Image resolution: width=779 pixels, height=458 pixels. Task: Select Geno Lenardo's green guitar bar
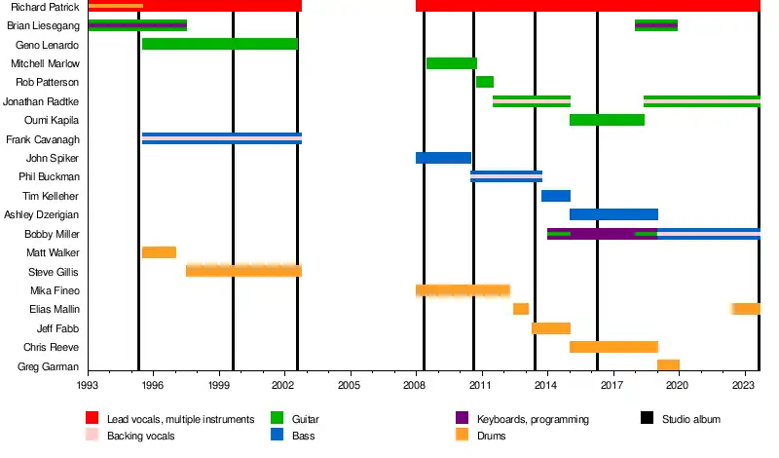point(219,44)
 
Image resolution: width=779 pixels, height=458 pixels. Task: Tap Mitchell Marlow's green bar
point(452,63)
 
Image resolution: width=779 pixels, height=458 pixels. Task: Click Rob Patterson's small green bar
point(484,82)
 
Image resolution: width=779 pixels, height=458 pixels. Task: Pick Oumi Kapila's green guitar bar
point(607,120)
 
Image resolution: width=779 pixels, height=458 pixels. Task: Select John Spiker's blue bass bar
point(443,158)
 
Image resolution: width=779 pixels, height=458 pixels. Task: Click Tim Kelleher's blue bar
point(555,196)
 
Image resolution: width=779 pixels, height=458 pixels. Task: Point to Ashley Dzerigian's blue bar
point(613,214)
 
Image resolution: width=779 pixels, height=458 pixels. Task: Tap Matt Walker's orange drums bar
point(159,252)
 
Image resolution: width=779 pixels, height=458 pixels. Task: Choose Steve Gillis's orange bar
point(243,271)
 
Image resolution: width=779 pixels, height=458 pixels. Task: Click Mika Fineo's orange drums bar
point(463,290)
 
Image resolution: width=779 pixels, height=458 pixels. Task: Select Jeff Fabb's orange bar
point(550,328)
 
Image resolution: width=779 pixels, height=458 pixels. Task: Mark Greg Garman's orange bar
point(668,366)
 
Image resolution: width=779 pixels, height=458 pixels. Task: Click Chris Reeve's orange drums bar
point(613,347)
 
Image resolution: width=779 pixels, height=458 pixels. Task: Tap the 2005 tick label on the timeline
point(351,386)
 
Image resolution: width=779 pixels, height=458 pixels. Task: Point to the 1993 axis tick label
point(89,386)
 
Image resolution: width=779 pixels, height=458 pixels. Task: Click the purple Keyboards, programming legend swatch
point(463,419)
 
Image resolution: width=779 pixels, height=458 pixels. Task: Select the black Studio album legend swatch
point(647,419)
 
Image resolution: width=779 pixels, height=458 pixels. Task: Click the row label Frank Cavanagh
point(43,139)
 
